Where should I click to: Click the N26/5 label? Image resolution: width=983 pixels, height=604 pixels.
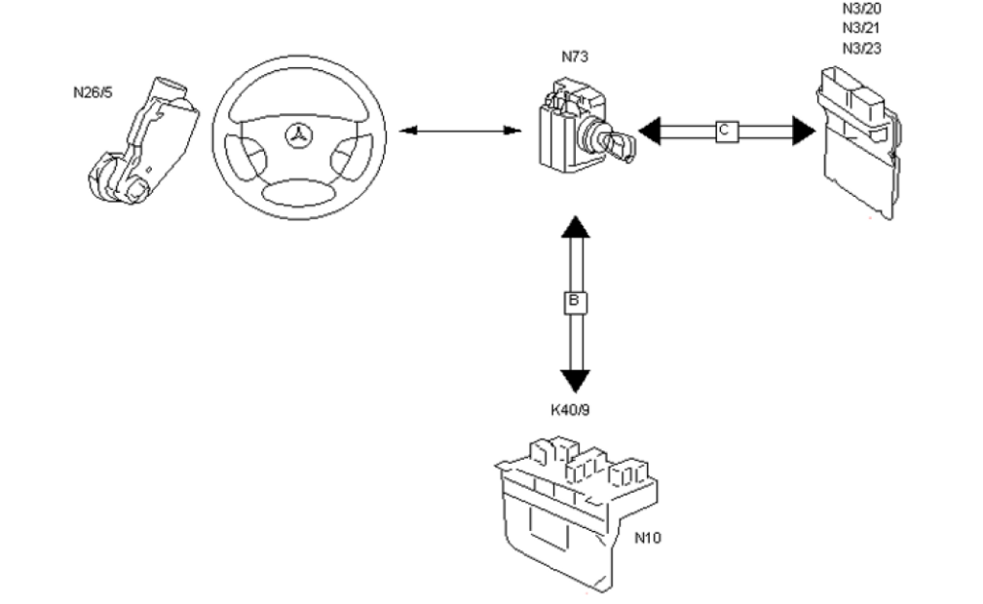coord(93,93)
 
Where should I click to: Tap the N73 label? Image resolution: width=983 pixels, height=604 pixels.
coord(575,57)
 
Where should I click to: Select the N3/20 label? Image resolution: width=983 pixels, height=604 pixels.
coord(861,9)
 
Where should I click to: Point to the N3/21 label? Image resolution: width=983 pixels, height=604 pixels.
coord(861,28)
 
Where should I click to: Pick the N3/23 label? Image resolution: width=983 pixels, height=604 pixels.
coord(861,48)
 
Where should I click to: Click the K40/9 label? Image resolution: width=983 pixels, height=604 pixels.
coord(570,410)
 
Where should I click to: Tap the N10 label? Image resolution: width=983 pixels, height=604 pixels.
coord(648,538)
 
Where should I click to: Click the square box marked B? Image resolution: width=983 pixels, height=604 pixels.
coord(575,302)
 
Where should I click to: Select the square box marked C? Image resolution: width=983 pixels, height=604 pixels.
coord(727,132)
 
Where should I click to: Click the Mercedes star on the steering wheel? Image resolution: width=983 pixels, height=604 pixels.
coord(300,136)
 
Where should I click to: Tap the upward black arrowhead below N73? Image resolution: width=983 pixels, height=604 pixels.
coord(576,227)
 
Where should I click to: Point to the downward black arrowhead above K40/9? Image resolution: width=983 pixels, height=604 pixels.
coord(575,381)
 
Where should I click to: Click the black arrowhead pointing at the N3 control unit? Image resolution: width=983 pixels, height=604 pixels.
coord(803,132)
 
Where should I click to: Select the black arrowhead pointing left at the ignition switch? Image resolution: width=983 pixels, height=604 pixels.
coord(650,132)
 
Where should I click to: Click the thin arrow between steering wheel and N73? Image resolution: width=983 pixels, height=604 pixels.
coord(461,132)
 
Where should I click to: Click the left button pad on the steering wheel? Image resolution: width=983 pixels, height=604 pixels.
coord(245,157)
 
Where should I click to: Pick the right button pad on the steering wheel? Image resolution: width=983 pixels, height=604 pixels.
coord(351,157)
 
